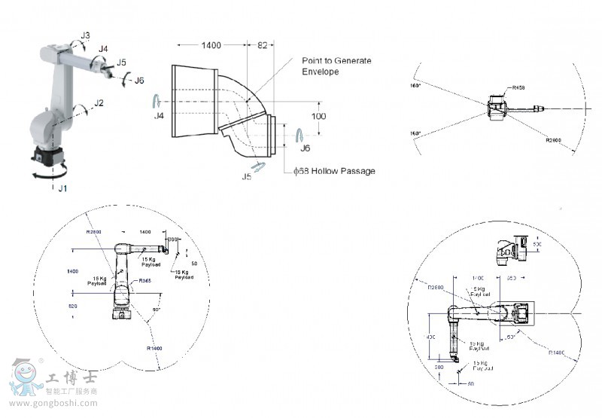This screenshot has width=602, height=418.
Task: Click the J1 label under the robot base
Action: (62, 188)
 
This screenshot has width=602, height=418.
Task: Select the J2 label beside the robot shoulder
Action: (99, 103)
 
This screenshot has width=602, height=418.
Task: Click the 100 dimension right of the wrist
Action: (319, 117)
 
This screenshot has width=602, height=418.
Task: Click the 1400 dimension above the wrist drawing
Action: (211, 45)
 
